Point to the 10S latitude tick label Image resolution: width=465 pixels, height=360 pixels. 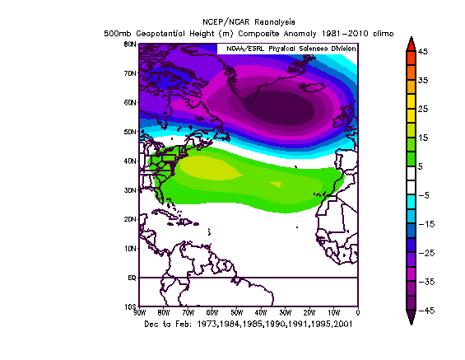(130, 306)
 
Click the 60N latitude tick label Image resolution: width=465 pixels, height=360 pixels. (130, 103)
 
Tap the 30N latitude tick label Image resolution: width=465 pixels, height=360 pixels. (130, 190)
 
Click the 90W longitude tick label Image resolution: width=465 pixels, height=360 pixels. (139, 313)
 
